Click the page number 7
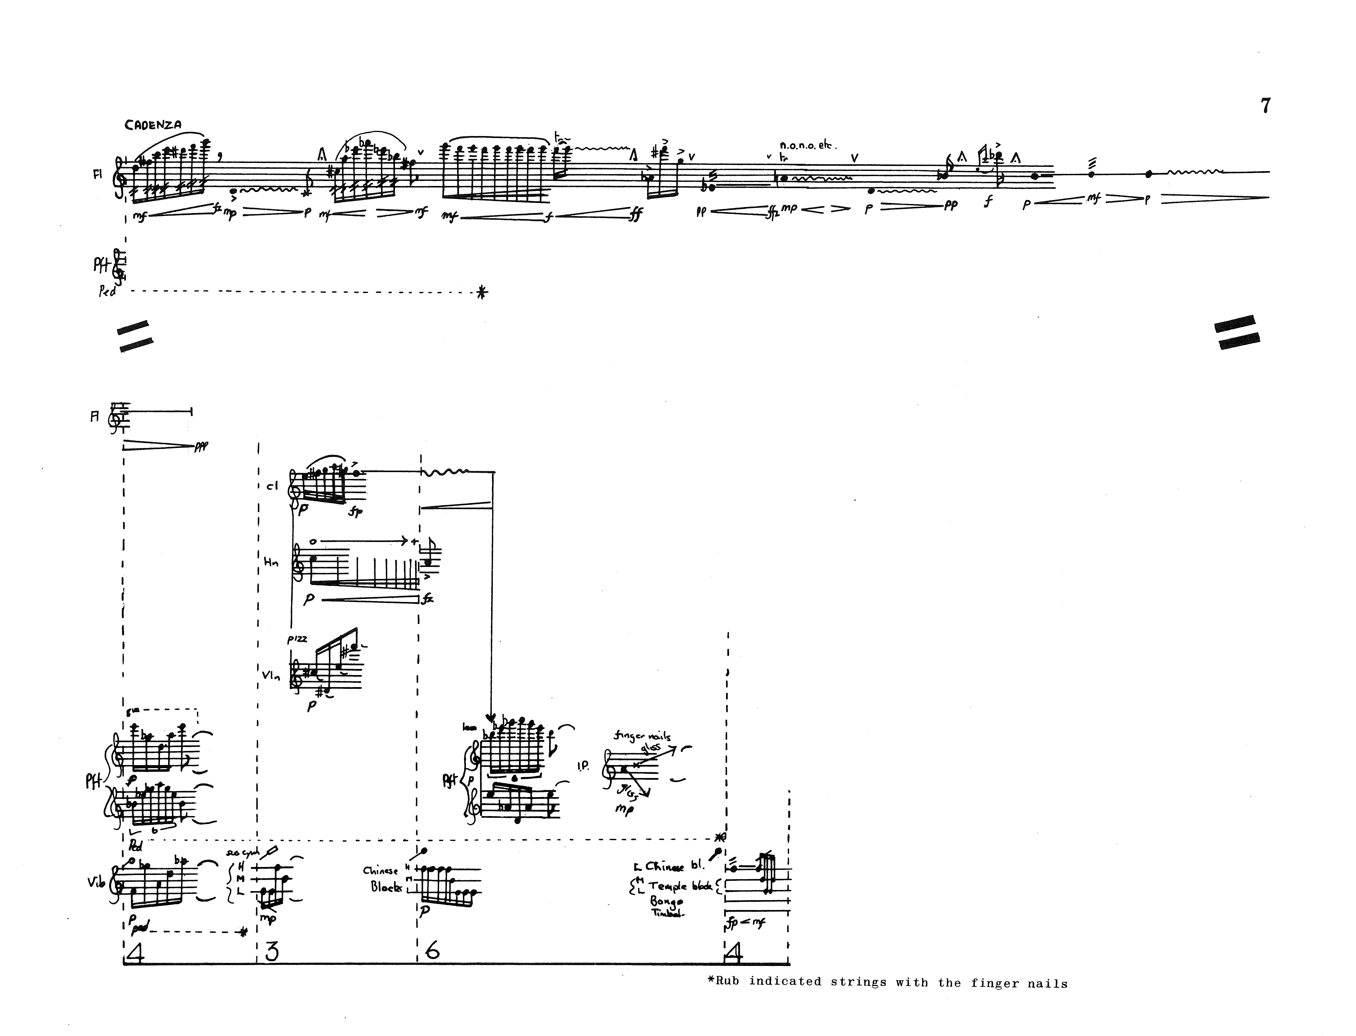[x=1265, y=106]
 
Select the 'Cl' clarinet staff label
[x=272, y=486]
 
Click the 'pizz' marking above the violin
[x=297, y=640]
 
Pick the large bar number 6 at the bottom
[x=432, y=952]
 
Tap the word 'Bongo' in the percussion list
[x=666, y=901]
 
